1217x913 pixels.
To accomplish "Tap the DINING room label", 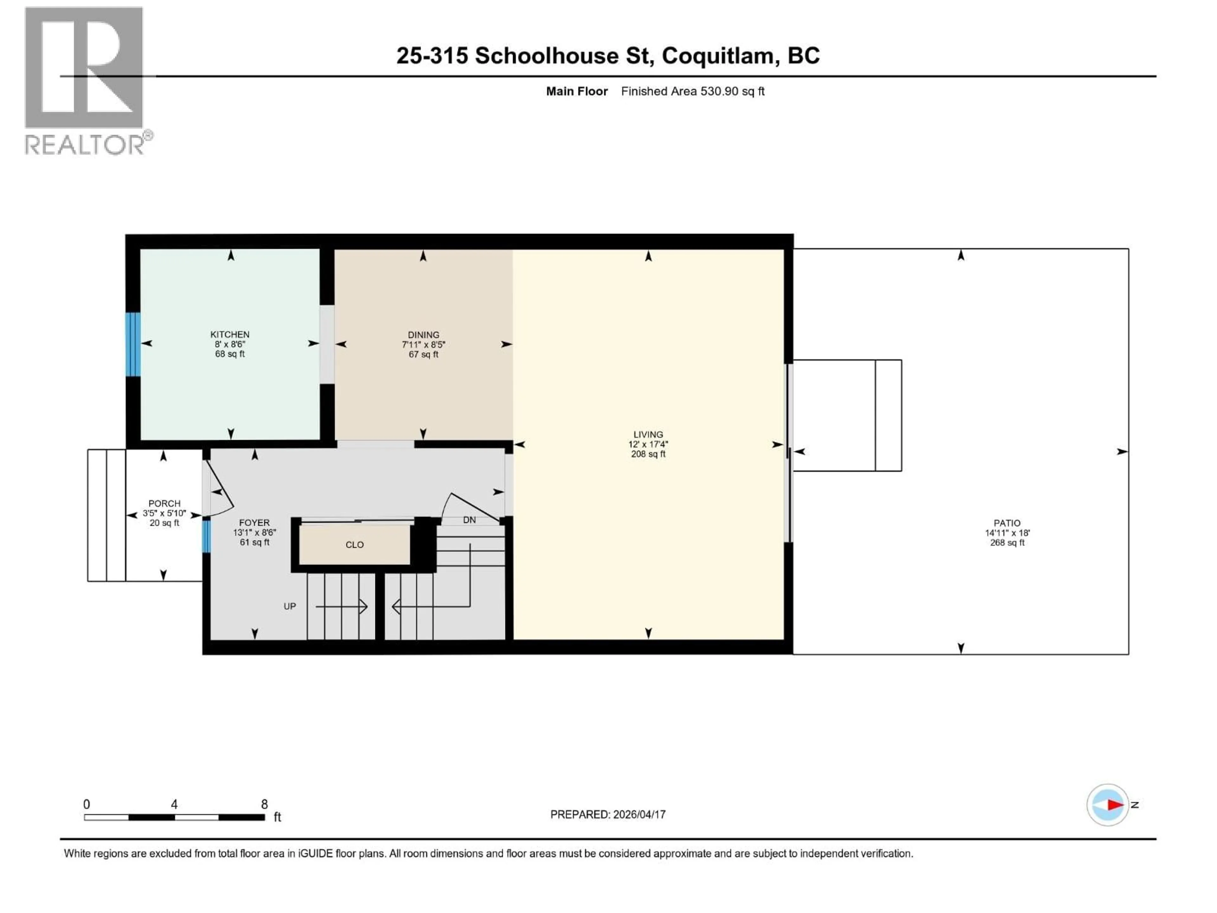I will [x=423, y=334].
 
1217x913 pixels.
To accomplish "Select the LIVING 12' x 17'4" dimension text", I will [x=648, y=444].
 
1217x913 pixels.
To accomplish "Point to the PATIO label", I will [x=1007, y=523].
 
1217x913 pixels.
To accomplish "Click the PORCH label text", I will [x=164, y=503].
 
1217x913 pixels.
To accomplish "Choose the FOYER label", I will [x=254, y=522].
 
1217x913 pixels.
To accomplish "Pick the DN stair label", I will [x=469, y=520].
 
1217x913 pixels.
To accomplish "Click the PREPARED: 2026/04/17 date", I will [x=608, y=814].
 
